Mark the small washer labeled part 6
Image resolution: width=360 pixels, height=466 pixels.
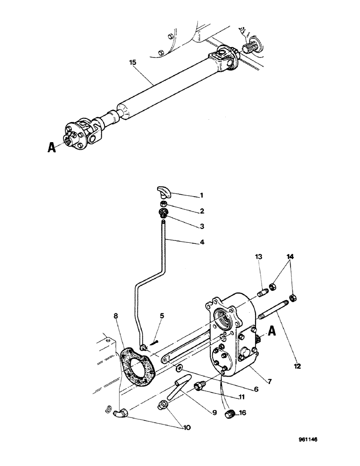click(179, 369)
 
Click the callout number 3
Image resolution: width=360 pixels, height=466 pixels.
click(201, 226)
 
